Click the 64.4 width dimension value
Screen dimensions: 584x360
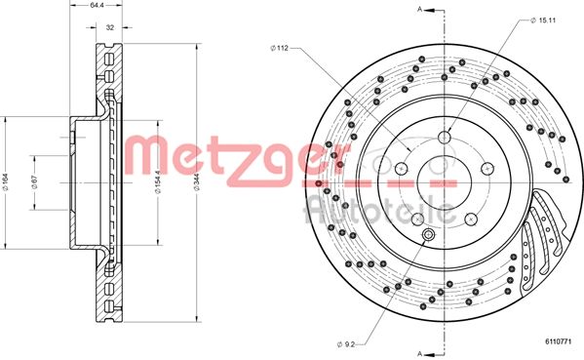(x=96, y=6)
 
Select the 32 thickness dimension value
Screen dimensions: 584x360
(x=110, y=27)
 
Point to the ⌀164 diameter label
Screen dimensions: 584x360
(x=6, y=182)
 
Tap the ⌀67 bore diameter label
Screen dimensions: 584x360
(x=35, y=182)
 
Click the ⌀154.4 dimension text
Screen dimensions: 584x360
(x=158, y=182)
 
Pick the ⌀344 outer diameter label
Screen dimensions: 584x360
(x=196, y=182)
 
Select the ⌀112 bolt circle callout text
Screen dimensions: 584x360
(x=280, y=48)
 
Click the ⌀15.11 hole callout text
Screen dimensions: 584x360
(x=543, y=20)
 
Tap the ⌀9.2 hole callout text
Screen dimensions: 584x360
(x=346, y=344)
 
